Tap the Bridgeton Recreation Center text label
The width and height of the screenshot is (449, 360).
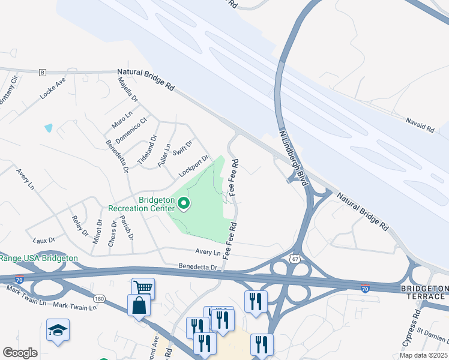point(140,204)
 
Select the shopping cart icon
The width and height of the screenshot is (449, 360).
point(143,289)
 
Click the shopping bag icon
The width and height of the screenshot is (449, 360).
point(139,305)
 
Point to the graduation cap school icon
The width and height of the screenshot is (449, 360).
point(58,330)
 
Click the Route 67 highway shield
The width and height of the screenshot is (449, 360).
point(294,258)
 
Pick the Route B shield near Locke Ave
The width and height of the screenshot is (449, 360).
point(42,73)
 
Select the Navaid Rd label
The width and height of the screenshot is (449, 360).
point(420,127)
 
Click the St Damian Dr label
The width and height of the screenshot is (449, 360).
point(435,335)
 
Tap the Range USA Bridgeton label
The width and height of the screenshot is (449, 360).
point(39,258)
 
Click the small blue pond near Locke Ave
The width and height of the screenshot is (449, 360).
point(48,128)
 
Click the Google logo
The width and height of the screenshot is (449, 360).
point(20,352)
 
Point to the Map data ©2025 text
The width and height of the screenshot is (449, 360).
point(423,355)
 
